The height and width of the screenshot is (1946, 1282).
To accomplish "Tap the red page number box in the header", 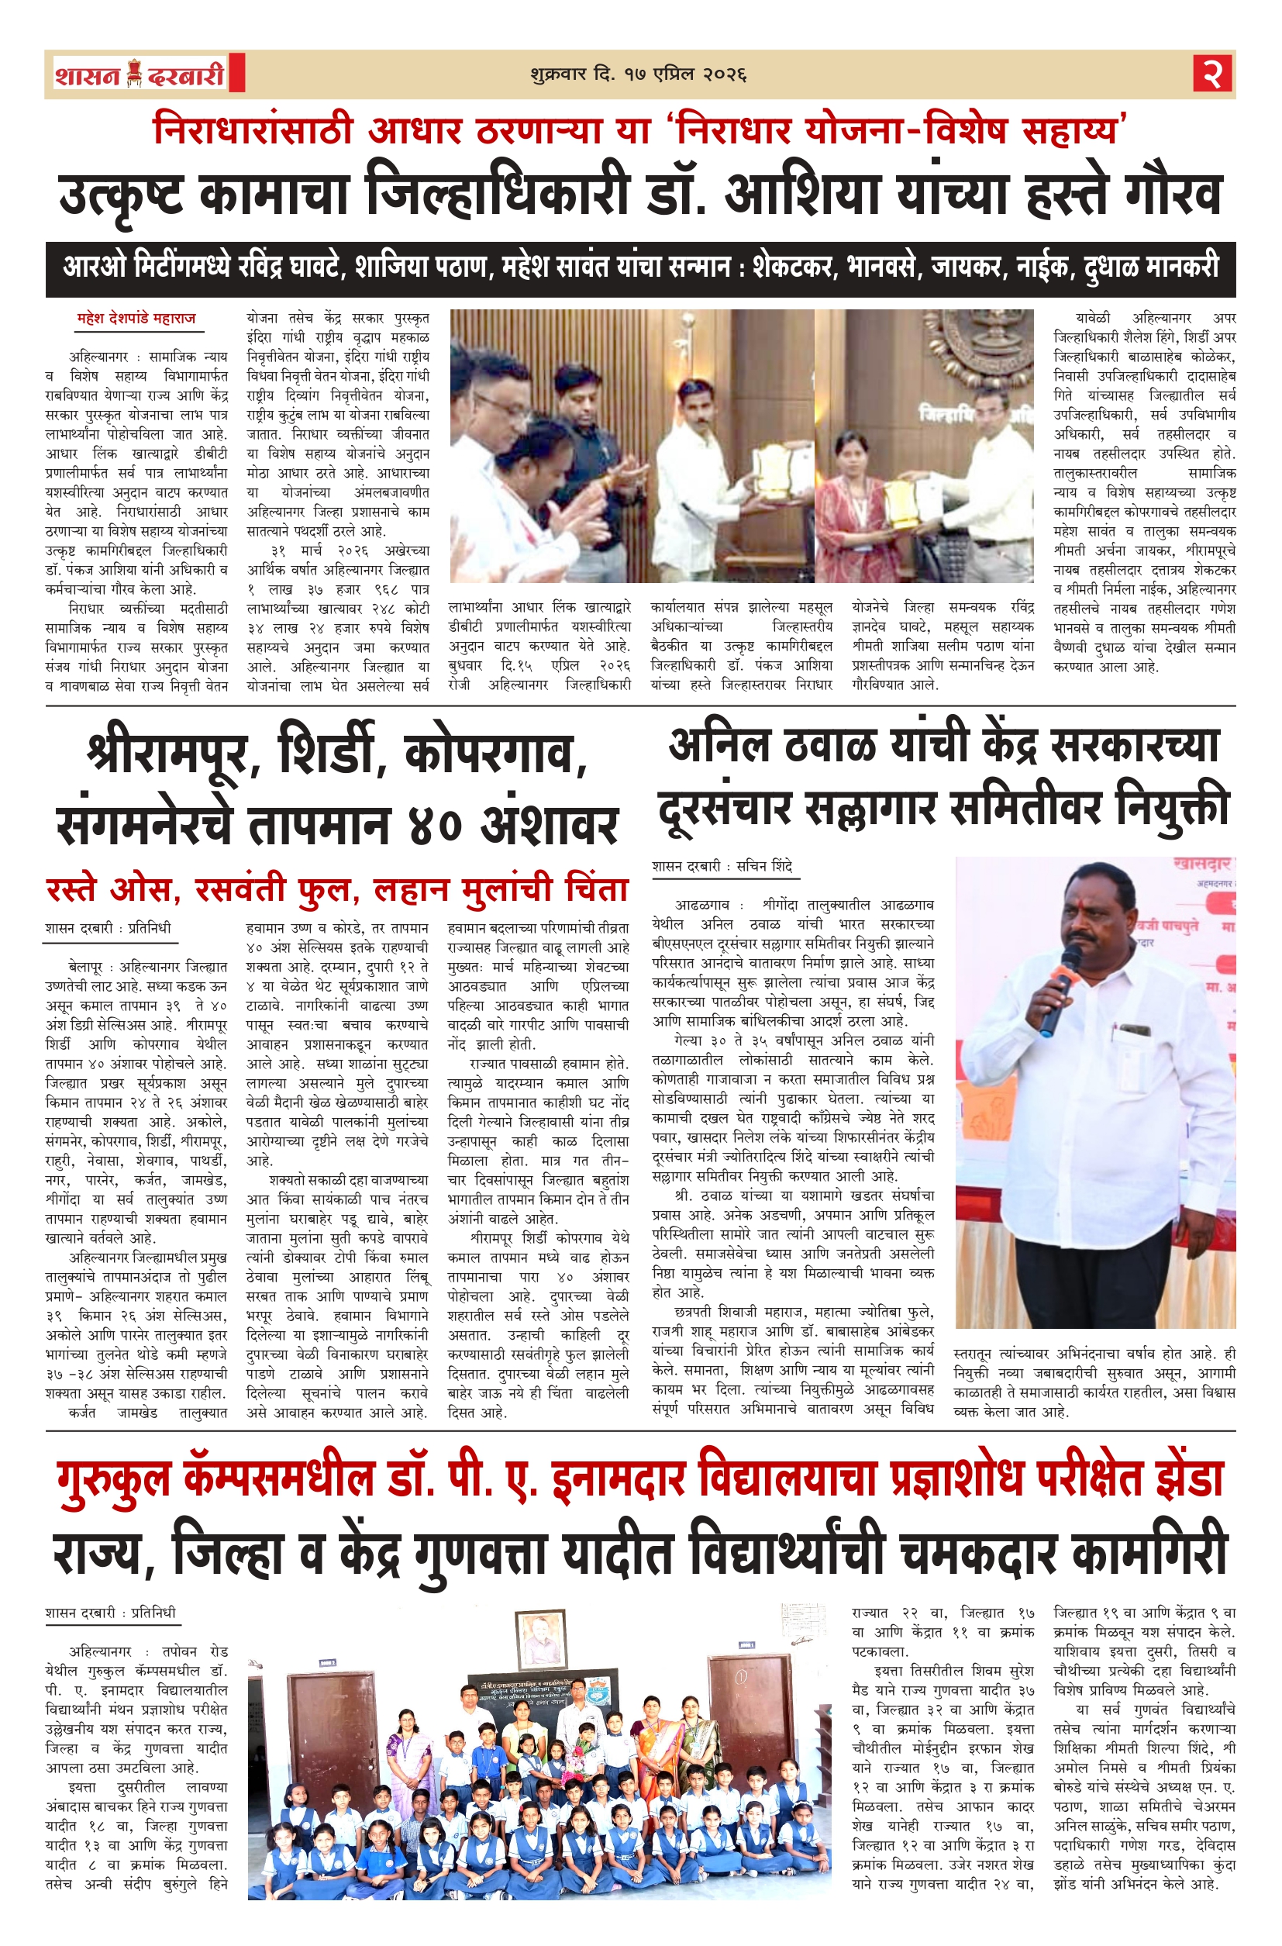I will pos(1213,74).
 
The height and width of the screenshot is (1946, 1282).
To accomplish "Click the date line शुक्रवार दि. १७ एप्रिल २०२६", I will pos(639,74).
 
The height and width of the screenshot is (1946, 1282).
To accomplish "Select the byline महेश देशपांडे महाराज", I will pos(136,318).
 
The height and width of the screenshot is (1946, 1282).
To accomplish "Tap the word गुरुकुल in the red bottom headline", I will pos(115,1480).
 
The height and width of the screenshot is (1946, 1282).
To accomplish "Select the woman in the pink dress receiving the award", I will pos(850,499).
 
